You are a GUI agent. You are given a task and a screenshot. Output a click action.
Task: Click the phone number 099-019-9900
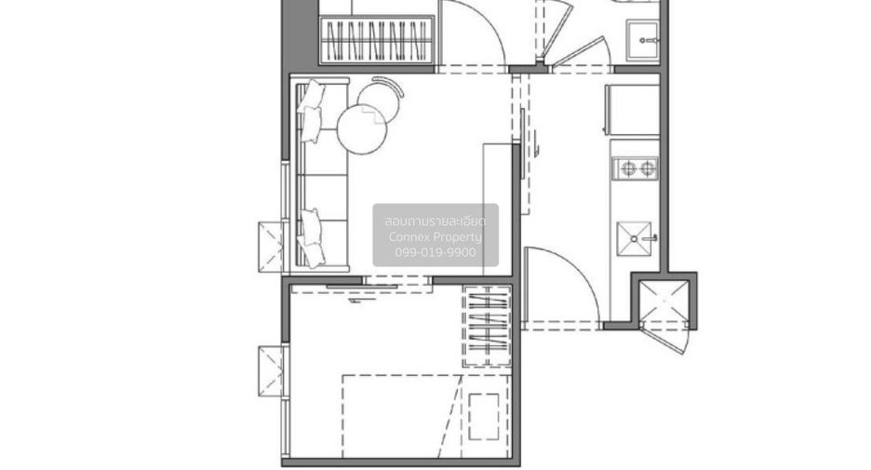tap(435, 252)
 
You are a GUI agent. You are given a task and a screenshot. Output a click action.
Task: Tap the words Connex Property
tap(435, 237)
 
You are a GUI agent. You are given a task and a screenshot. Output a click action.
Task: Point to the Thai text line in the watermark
tap(435, 222)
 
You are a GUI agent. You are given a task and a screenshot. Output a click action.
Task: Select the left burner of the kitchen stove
tap(628, 168)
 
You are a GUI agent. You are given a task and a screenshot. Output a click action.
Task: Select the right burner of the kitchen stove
tap(648, 168)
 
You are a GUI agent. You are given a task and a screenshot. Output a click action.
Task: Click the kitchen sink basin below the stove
tap(634, 239)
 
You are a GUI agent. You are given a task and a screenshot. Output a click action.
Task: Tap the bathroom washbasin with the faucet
tap(643, 41)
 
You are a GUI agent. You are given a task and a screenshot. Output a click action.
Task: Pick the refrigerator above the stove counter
tap(632, 110)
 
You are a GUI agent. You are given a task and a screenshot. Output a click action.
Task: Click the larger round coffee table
tap(362, 129)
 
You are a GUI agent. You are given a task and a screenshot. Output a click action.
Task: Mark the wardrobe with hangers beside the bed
tap(488, 326)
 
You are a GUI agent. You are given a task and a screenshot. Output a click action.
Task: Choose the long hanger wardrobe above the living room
tap(377, 41)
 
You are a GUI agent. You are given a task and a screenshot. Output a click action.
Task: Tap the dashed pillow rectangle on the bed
tap(483, 417)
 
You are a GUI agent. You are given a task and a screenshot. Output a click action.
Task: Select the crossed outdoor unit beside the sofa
tap(271, 247)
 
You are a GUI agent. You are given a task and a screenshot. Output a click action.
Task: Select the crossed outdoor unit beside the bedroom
tap(271, 371)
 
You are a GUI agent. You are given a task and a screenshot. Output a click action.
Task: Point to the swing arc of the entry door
tap(577, 268)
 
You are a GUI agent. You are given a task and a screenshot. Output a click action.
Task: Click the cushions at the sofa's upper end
tap(311, 111)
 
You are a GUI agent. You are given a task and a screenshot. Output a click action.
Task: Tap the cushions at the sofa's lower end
tap(311, 237)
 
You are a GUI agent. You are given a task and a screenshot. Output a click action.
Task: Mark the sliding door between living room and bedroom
tap(362, 287)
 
